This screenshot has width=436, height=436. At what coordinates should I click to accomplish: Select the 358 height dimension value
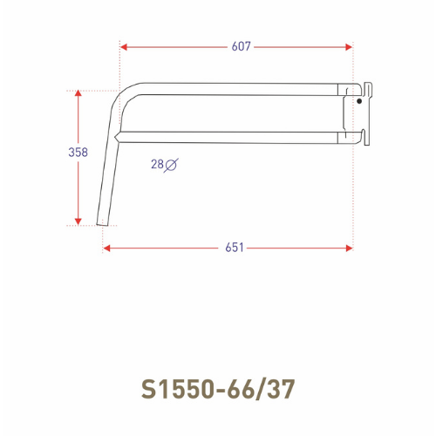[78, 152]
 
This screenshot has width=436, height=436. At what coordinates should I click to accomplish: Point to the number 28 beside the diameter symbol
[157, 163]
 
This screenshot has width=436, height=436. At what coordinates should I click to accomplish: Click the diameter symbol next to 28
[172, 163]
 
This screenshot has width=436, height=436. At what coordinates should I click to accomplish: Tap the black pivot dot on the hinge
[358, 102]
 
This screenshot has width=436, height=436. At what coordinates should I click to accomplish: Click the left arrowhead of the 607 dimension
[124, 46]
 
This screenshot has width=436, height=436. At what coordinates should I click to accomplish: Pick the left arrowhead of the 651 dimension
[106, 248]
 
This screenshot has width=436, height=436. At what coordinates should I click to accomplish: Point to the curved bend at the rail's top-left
[126, 92]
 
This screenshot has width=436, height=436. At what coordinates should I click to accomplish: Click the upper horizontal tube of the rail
[235, 87]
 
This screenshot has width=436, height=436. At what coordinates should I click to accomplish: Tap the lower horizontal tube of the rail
[235, 133]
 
